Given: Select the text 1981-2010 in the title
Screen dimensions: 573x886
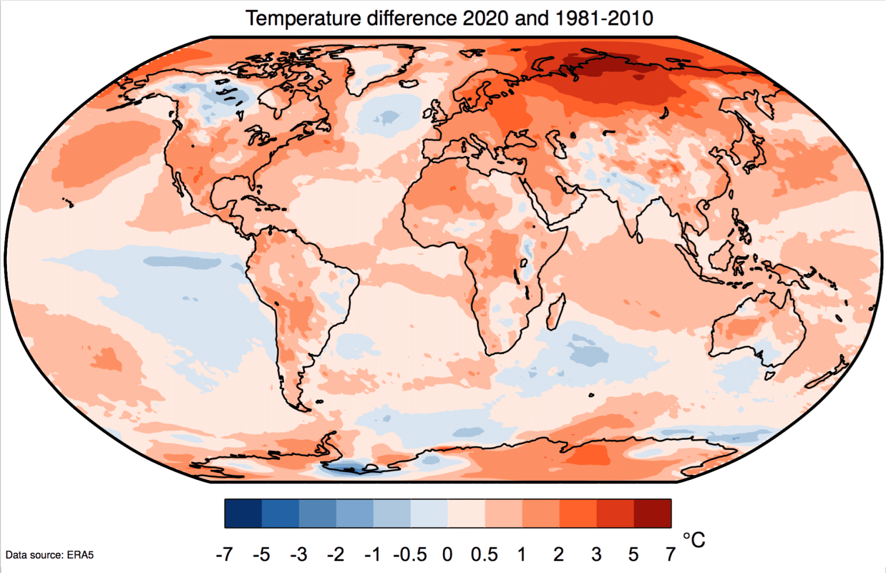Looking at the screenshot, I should [x=604, y=18].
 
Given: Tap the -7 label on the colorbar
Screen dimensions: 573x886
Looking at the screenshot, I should [x=224, y=554].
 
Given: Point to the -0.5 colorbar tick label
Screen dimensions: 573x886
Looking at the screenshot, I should [x=410, y=554].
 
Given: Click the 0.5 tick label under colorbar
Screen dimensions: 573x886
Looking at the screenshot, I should [x=484, y=554].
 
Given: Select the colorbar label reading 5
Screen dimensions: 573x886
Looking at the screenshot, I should [x=633, y=554].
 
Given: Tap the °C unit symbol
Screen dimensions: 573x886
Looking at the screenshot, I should [x=693, y=540].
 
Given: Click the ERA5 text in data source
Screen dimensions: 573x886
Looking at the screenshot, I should [x=80, y=555].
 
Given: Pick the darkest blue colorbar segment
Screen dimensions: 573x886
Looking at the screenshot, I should [x=243, y=513].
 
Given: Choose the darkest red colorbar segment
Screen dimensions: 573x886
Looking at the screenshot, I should [x=652, y=513].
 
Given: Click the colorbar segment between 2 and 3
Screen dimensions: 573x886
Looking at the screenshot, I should [x=578, y=513].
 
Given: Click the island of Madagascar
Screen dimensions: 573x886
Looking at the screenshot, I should [x=556, y=312].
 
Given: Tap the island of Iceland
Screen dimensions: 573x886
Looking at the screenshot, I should [x=408, y=83].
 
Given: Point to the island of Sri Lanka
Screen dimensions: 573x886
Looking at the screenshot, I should [x=639, y=237].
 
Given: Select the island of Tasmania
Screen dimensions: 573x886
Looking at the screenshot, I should [x=770, y=375].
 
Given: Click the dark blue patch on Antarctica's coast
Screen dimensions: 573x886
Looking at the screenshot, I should [x=346, y=467].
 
